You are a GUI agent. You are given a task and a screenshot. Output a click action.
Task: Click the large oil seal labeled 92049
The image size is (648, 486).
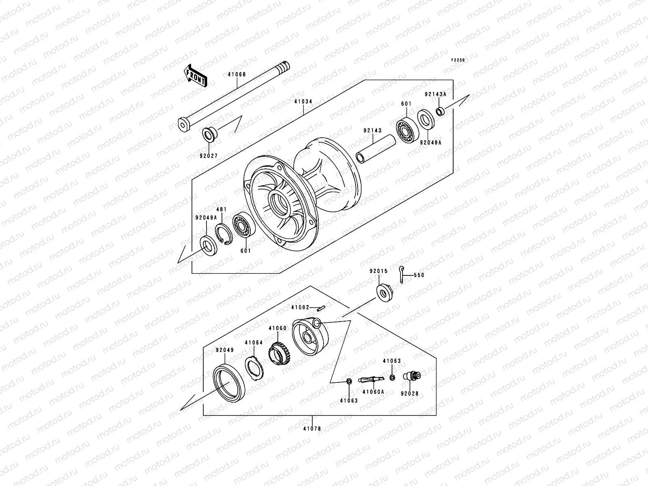coord(229,382)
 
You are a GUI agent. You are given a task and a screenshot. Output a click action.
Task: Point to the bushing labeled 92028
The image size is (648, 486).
coord(412,376)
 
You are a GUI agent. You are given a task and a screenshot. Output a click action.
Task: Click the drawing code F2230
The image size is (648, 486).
coord(458,60)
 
